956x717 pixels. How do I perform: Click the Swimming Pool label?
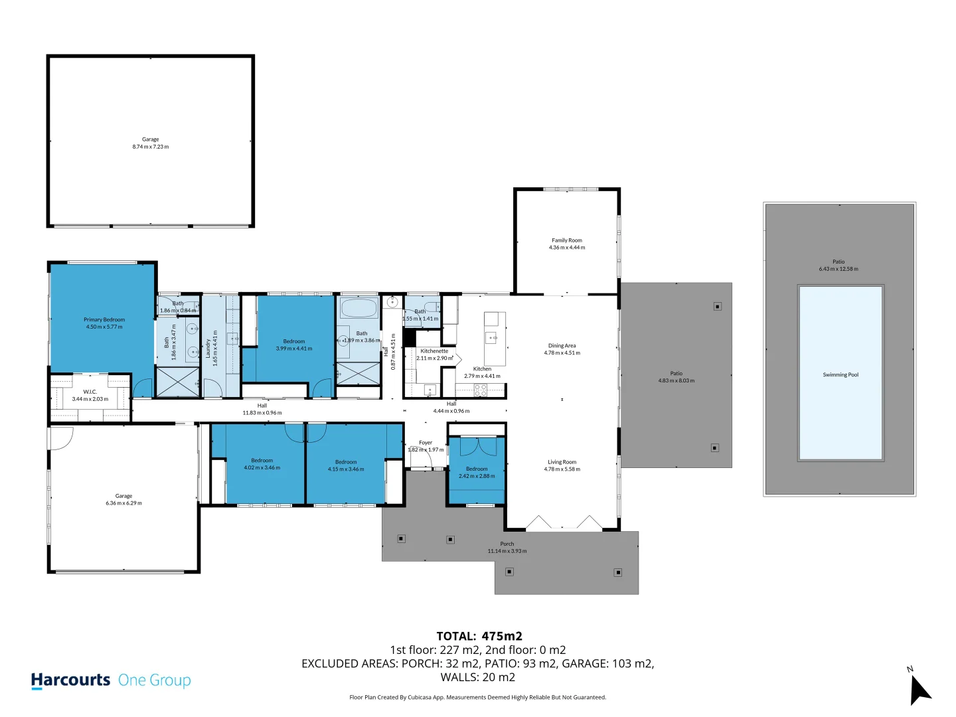point(840,374)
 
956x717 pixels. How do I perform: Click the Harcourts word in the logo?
point(70,680)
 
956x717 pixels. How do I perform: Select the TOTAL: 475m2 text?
point(479,636)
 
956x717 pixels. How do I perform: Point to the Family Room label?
point(566,240)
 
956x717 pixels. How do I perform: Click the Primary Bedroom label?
point(104,319)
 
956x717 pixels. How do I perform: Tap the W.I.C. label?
point(90,392)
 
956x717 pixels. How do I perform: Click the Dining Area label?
point(562,345)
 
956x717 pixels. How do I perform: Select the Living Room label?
point(562,462)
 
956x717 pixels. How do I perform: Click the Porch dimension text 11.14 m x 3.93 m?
point(507,551)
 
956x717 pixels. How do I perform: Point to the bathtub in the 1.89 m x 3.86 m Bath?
point(358,308)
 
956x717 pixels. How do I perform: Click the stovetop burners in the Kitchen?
point(481,390)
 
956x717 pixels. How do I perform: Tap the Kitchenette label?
point(434,351)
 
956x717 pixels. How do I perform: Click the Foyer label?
point(426,442)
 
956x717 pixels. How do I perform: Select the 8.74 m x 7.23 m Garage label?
point(150,139)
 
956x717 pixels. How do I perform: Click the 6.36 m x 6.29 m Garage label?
point(123,496)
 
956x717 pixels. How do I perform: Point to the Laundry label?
point(208,348)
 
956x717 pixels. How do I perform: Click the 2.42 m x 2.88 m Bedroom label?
point(477,469)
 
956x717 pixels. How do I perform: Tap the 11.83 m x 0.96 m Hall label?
point(262,405)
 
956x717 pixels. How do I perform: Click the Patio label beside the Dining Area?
point(676,373)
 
